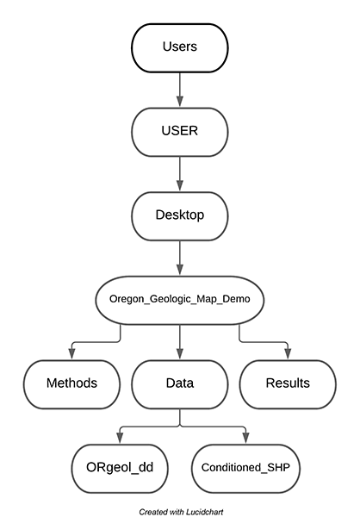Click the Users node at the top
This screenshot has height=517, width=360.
(x=180, y=47)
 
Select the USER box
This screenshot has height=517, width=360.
(x=180, y=132)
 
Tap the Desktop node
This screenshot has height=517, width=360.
(x=180, y=216)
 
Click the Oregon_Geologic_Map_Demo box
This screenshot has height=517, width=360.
(x=180, y=300)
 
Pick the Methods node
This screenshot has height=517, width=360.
(x=71, y=384)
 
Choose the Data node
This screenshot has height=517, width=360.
(x=180, y=384)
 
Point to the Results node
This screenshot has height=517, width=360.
(x=288, y=384)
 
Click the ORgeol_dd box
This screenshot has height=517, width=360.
(x=120, y=469)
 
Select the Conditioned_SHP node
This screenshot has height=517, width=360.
(x=245, y=469)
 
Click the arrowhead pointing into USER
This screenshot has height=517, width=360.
(x=180, y=102)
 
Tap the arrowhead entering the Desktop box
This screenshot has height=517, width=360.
(x=180, y=185)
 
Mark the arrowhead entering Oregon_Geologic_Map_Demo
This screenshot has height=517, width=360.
(x=180, y=270)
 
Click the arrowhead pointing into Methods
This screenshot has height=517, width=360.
(x=71, y=354)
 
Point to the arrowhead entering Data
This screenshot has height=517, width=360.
(x=180, y=354)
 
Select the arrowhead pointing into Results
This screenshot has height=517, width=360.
(x=288, y=354)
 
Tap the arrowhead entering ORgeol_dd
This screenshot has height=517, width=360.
(x=120, y=439)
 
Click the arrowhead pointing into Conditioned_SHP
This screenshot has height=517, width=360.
(x=245, y=439)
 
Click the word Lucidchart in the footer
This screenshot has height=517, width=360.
(x=204, y=512)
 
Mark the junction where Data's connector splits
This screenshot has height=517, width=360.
(x=180, y=427)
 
